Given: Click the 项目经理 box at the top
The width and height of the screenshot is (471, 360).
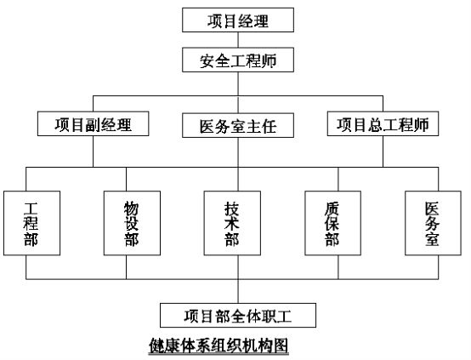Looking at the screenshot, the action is pyautogui.click(x=238, y=20).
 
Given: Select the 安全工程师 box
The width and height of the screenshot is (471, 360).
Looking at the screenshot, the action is pyautogui.click(x=238, y=60).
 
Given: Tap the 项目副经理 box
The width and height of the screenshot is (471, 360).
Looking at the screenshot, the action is pyautogui.click(x=94, y=124).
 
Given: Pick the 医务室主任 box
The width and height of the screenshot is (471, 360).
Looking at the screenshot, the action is pyautogui.click(x=238, y=125).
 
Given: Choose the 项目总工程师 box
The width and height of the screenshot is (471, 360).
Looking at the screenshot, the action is pyautogui.click(x=383, y=124).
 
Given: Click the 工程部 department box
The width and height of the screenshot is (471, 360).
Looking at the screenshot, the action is pyautogui.click(x=31, y=223).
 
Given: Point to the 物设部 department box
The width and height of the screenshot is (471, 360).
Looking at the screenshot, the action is pyautogui.click(x=132, y=223).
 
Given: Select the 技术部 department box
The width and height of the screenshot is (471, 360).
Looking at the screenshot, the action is pyautogui.click(x=232, y=223).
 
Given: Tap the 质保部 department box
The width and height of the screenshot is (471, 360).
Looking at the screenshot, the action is pyautogui.click(x=332, y=223).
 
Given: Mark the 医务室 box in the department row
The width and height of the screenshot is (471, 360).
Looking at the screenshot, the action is pyautogui.click(x=433, y=223).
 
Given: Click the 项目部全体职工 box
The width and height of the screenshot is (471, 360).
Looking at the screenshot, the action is pyautogui.click(x=238, y=316).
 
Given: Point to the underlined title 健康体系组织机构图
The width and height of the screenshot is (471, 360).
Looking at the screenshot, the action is pyautogui.click(x=218, y=346).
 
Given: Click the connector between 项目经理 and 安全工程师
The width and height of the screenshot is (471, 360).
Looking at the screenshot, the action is pyautogui.click(x=238, y=40).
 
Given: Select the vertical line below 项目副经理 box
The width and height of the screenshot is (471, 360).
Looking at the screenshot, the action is pyautogui.click(x=94, y=151).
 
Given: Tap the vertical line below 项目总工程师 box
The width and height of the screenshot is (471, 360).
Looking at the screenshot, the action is pyautogui.click(x=383, y=151).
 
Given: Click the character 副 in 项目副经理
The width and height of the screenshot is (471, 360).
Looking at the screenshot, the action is pyautogui.click(x=94, y=124).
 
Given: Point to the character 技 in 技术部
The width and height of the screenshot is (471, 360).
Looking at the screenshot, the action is pyautogui.click(x=232, y=209).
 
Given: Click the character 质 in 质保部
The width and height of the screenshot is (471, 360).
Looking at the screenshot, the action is pyautogui.click(x=332, y=209).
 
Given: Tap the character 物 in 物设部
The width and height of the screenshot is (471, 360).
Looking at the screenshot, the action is pyautogui.click(x=132, y=209).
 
